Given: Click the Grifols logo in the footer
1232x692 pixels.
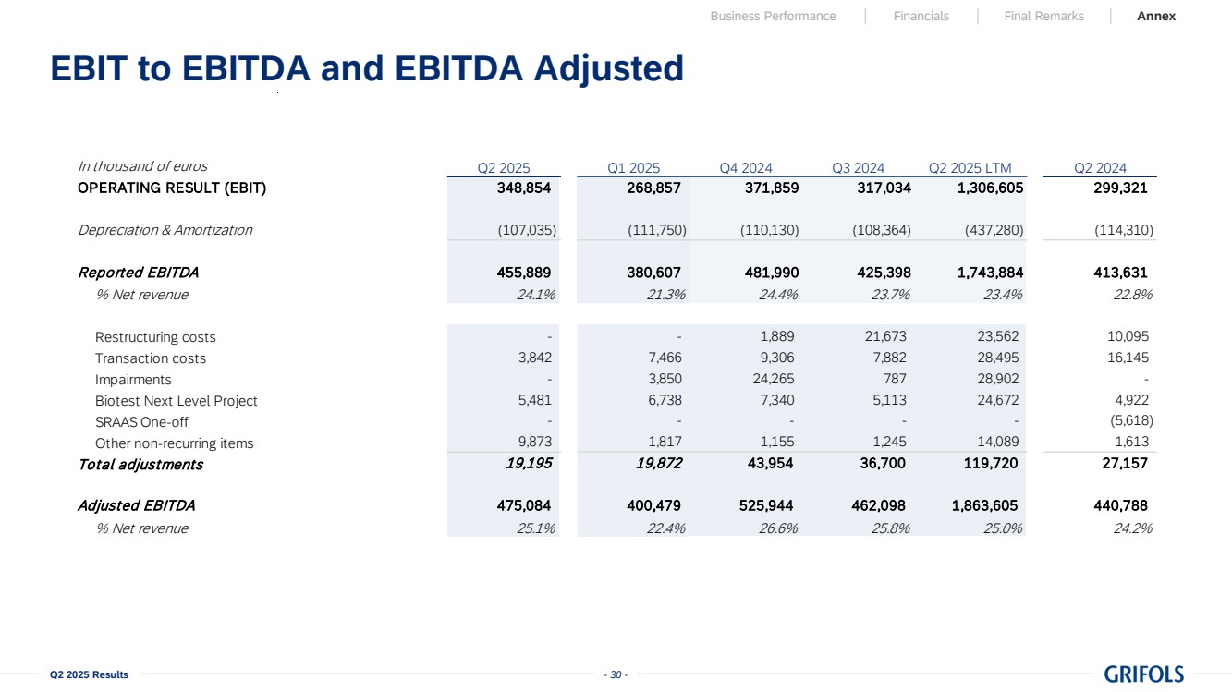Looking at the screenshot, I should coord(1143,674).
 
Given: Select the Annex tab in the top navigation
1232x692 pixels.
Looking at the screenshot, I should coord(1156,16).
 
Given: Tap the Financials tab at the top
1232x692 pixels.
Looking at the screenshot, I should coord(921,16).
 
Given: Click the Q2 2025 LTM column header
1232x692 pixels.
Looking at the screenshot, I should coord(970,168).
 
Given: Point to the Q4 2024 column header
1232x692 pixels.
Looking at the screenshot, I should coord(745,168).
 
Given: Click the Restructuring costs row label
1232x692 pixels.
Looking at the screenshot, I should coord(155,337).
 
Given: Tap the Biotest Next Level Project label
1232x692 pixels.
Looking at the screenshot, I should coord(176,401).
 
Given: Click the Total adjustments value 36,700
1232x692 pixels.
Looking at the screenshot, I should coord(883,464).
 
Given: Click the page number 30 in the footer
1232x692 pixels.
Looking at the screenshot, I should coord(615,675).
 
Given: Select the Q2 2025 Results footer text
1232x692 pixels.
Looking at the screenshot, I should coord(90,675).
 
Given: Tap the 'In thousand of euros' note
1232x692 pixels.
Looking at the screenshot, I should coord(142,166).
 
